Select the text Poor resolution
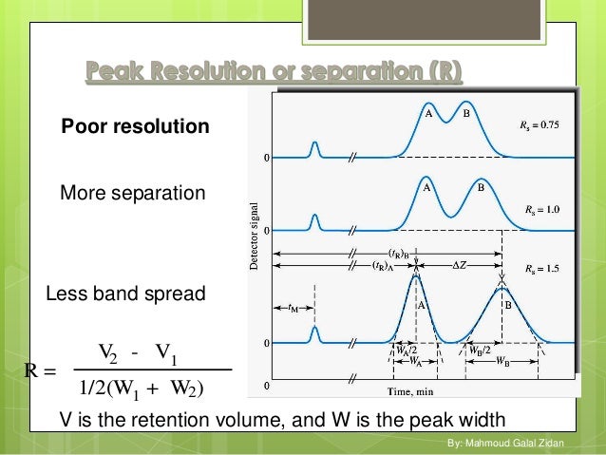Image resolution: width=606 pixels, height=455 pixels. pyautogui.click(x=135, y=126)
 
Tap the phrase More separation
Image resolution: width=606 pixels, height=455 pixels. pyautogui.click(x=132, y=194)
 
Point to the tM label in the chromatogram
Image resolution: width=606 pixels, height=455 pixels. pyautogui.click(x=296, y=308)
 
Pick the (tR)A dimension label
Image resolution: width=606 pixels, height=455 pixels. pyautogui.click(x=385, y=267)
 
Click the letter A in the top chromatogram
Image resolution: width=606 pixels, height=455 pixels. pyautogui.click(x=428, y=114)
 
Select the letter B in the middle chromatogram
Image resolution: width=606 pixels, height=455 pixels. pyautogui.click(x=481, y=188)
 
